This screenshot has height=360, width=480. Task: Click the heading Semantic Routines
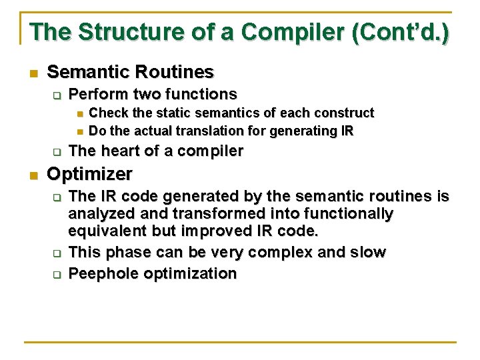pyautogui.click(x=131, y=72)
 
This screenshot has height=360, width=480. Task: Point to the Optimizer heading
pyautogui.click(x=90, y=174)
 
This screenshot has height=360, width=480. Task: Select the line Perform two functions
pyautogui.click(x=153, y=94)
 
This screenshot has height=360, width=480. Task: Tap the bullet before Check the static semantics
pyautogui.click(x=78, y=113)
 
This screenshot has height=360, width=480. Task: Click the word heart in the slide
pyautogui.click(x=113, y=151)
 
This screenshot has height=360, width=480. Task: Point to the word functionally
pyautogui.click(x=339, y=214)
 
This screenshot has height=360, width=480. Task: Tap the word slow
pyautogui.click(x=368, y=252)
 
